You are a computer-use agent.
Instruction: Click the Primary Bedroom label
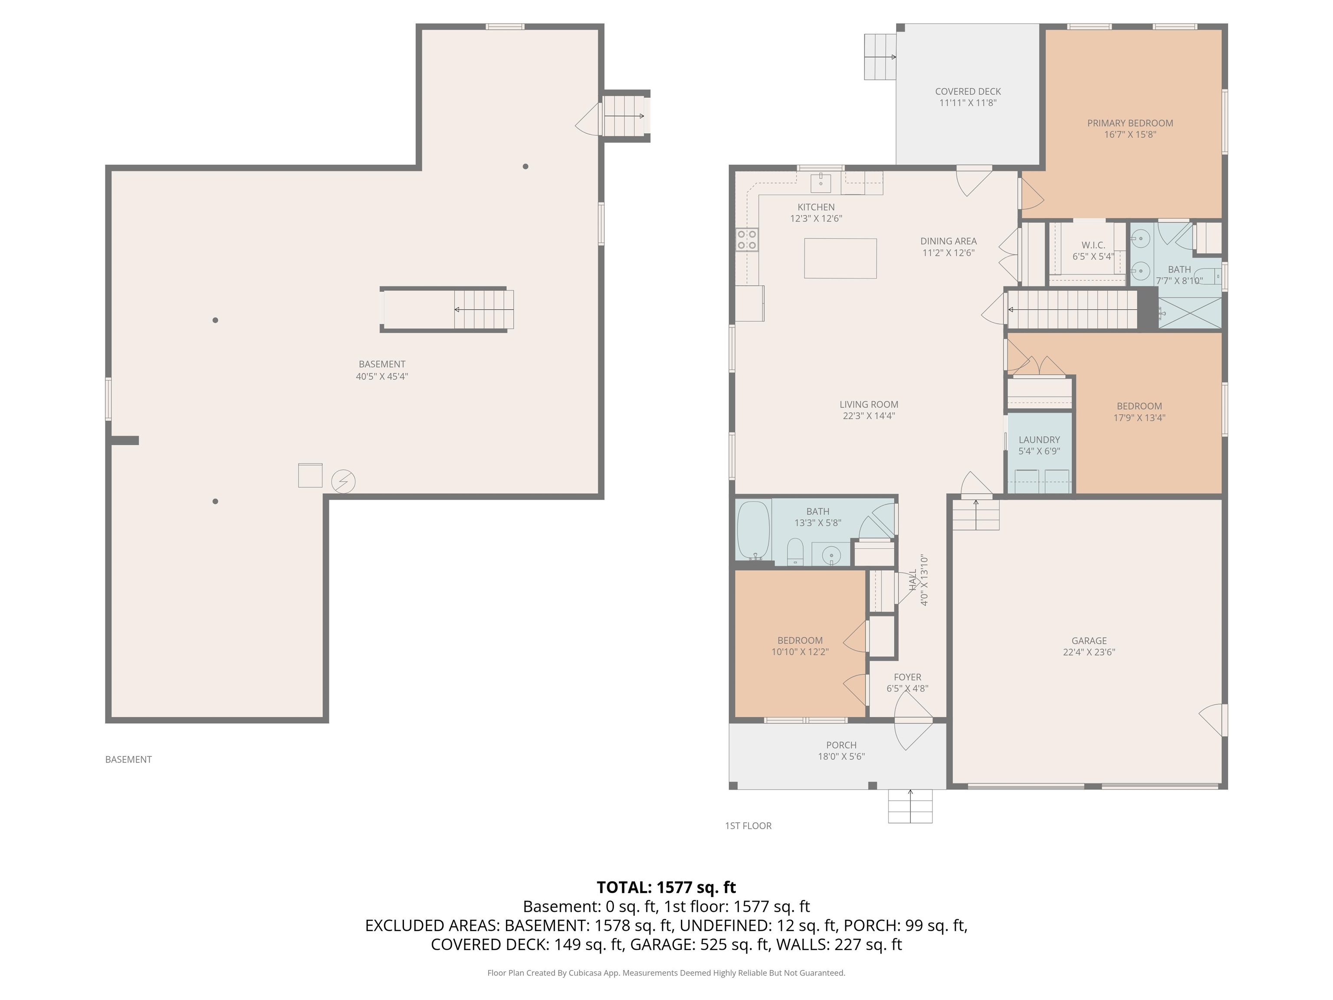pos(1129,123)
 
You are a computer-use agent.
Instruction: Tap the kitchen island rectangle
pos(840,259)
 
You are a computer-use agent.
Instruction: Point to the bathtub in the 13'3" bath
pos(753,530)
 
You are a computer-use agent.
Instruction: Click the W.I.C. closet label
pos(1093,245)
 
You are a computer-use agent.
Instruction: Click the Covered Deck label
pos(967,92)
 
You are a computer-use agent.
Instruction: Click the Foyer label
pos(907,677)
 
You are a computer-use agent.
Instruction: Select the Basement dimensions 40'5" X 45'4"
pos(381,376)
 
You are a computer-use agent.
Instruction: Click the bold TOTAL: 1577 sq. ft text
pos(666,887)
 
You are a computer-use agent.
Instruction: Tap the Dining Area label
pos(948,241)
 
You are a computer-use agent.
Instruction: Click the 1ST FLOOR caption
pos(748,826)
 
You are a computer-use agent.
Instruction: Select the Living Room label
pos(868,405)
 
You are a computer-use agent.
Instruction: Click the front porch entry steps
pos(910,806)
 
